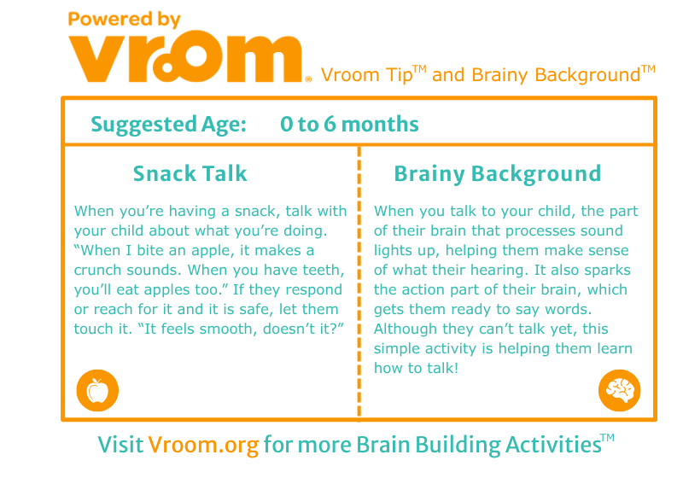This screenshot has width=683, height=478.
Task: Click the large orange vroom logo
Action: (185, 55)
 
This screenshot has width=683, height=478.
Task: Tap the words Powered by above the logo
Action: (124, 20)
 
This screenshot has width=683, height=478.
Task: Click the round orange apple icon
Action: (97, 390)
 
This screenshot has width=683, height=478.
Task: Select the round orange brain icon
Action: (620, 390)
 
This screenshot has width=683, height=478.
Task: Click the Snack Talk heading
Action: (190, 173)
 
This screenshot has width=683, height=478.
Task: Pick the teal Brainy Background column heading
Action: (498, 174)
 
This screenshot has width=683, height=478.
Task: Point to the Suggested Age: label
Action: (168, 125)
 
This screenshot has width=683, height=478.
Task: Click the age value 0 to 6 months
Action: (349, 124)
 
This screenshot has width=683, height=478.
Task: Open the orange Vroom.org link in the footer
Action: (203, 446)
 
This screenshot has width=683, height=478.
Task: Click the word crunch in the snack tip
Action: (98, 270)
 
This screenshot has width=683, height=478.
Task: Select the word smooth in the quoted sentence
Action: (226, 329)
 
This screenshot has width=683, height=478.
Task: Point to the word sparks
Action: (607, 271)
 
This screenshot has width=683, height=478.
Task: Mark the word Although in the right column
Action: (405, 329)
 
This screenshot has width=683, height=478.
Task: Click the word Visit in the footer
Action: (120, 445)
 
